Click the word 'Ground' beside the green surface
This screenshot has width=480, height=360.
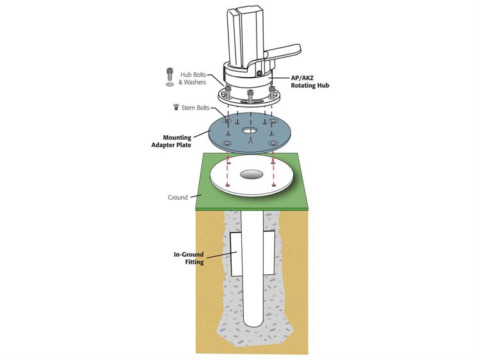(177, 197)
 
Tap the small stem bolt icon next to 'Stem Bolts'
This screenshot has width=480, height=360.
(175, 108)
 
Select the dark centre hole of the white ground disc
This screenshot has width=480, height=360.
(250, 174)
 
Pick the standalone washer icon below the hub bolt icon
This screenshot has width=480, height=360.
(170, 84)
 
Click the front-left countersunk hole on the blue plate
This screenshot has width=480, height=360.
(228, 144)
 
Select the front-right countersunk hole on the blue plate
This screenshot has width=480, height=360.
(273, 144)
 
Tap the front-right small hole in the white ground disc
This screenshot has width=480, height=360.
(273, 185)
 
